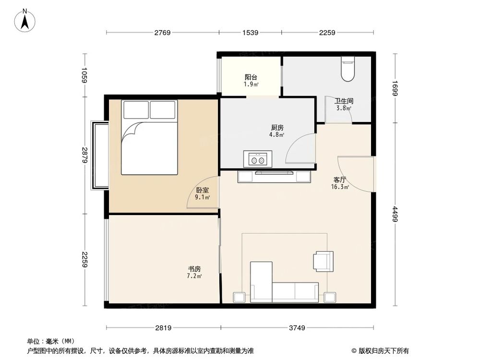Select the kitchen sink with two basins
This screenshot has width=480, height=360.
[x=257, y=158]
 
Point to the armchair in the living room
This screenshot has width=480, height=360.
[x=323, y=261]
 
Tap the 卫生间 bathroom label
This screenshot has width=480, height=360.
[x=344, y=101]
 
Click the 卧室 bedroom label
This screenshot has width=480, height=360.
[x=201, y=190]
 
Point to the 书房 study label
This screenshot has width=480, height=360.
[x=194, y=269]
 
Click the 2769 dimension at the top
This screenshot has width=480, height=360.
[x=162, y=33]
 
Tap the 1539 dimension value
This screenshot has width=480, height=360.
[x=250, y=33]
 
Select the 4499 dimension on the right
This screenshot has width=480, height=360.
[x=395, y=214]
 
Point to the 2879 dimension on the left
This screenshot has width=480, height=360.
[x=85, y=155]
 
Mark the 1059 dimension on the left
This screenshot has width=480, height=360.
[x=85, y=75]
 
